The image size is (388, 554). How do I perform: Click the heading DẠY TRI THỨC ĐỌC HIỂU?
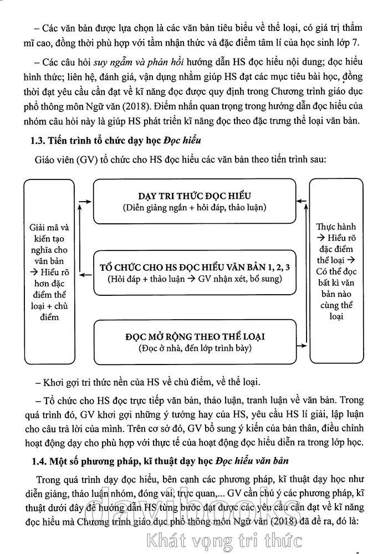[x=195, y=196]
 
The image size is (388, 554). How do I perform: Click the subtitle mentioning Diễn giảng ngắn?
[x=195, y=207]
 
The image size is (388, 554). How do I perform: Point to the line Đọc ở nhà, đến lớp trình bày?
[x=195, y=348]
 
